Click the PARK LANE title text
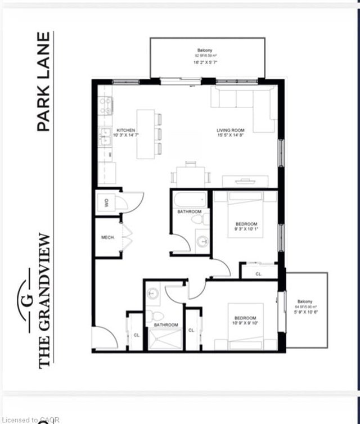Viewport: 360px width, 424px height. click(x=44, y=82)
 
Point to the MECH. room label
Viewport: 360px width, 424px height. click(x=108, y=238)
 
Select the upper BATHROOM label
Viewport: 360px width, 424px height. click(x=190, y=212)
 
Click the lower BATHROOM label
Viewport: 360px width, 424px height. click(x=166, y=325)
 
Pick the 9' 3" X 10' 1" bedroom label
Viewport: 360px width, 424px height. click(x=246, y=227)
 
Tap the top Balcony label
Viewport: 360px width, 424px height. click(x=205, y=54)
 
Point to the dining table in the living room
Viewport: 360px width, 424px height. click(x=191, y=175)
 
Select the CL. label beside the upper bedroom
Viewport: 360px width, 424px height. click(x=259, y=274)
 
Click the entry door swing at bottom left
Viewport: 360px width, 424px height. click(x=105, y=337)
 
